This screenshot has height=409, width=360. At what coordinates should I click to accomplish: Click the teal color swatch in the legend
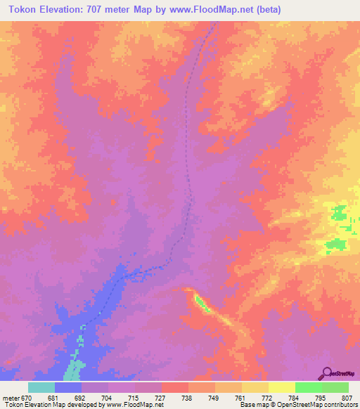pos(41,387)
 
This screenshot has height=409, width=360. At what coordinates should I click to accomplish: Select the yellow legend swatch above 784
pos(281,387)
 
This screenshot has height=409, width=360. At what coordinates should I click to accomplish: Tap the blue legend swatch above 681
pos(67,387)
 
